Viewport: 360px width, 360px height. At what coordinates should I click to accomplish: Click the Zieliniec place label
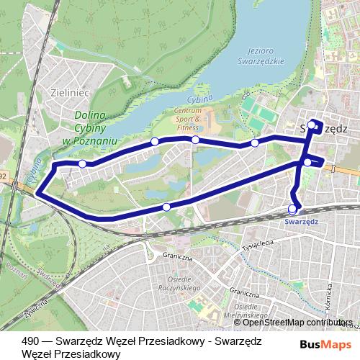point(69,92)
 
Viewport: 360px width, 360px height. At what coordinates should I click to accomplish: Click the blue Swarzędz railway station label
point(302,222)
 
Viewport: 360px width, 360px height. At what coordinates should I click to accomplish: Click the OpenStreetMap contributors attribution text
point(293,323)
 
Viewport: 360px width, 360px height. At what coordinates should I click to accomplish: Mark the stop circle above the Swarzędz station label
point(292,209)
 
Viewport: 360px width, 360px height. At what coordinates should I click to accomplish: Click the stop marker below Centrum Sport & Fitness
point(195,139)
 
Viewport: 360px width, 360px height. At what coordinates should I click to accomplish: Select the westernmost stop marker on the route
point(82,164)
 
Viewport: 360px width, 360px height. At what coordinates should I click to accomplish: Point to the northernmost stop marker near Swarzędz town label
point(312,125)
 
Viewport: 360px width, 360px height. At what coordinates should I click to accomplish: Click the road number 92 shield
point(4,176)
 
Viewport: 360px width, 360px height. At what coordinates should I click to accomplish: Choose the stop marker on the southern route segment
point(167,207)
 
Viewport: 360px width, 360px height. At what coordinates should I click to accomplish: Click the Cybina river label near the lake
point(203,98)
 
